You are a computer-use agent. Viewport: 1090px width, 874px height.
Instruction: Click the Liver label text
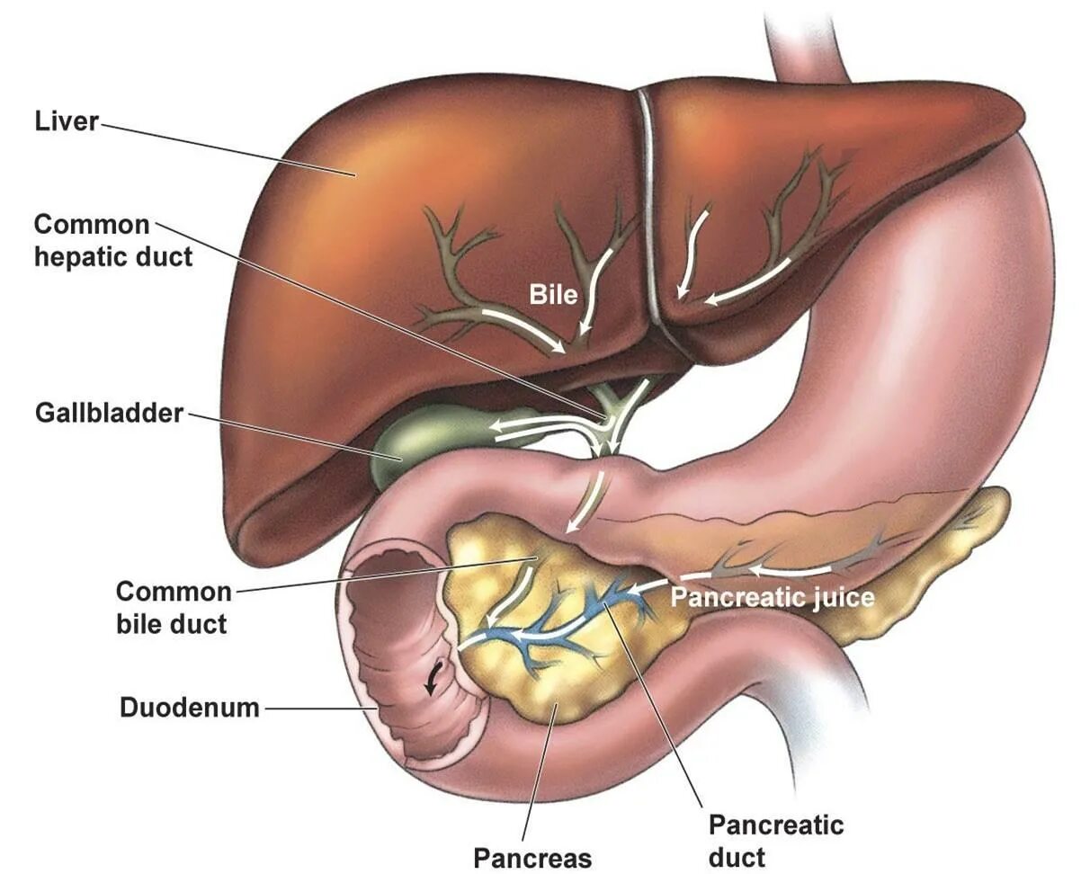pos(67,121)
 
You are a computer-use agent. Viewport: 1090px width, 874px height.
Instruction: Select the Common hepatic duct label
pos(113,240)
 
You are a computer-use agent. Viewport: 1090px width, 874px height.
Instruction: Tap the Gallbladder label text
pos(109,413)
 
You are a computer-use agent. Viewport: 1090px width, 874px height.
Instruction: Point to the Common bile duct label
pos(173,608)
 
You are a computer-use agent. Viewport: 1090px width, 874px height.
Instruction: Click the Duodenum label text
pos(189,708)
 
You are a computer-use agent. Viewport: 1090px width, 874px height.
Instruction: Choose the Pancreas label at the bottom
pos(532,857)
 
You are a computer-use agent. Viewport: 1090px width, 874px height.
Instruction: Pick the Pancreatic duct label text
pos(775,840)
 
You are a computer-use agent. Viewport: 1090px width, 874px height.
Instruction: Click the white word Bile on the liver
pos(552,294)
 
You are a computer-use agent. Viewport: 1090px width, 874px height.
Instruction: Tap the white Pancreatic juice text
pos(772,596)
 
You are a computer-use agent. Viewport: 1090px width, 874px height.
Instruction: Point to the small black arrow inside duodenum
pos(435,682)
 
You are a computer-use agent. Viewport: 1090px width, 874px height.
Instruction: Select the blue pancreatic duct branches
pos(576,620)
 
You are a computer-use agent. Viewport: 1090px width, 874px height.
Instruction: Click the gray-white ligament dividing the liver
pos(649,207)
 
